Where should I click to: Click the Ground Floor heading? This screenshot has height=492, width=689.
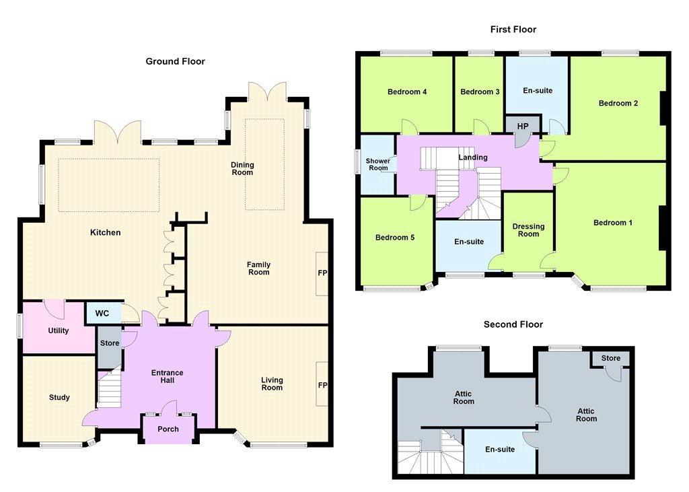(176, 61)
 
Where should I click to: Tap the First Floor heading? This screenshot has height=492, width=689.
(513, 30)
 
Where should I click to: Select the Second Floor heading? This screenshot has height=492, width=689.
(513, 324)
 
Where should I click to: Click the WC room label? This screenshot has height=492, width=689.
(102, 314)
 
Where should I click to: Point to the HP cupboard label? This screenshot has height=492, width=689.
(522, 127)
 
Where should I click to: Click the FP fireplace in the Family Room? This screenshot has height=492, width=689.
(322, 273)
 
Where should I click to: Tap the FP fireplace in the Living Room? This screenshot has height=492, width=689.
(322, 385)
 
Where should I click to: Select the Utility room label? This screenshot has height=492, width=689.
(59, 330)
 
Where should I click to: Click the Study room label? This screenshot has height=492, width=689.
(59, 398)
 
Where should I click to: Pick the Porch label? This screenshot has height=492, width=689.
(168, 429)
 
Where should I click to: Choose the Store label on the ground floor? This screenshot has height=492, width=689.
(110, 343)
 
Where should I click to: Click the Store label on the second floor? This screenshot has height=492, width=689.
(611, 358)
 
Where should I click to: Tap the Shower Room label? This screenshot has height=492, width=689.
(378, 164)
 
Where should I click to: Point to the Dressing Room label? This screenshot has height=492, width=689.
(528, 230)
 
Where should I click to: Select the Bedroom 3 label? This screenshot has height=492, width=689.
(480, 92)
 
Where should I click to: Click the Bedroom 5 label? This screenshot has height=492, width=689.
(394, 238)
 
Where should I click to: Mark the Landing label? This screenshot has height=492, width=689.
(473, 157)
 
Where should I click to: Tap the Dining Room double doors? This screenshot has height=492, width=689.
(268, 92)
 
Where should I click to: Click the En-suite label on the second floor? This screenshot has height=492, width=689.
(500, 450)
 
